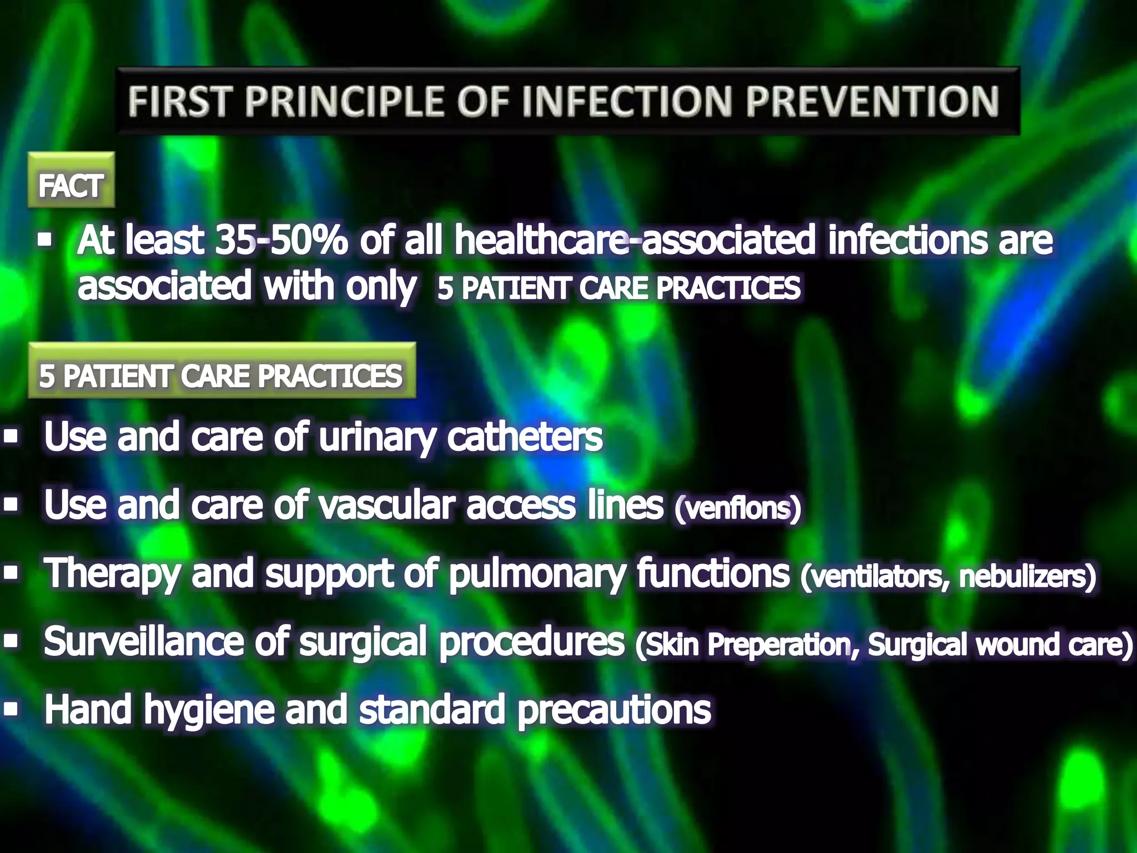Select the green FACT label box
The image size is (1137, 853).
click(71, 180)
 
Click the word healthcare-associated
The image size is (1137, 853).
click(635, 240)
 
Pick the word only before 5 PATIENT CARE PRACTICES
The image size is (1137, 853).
click(381, 287)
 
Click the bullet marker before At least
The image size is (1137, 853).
click(45, 240)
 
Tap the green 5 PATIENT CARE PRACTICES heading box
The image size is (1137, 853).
click(222, 371)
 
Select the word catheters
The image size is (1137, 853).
click(525, 437)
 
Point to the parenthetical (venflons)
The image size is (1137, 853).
click(738, 508)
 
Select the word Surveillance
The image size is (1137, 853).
click(144, 641)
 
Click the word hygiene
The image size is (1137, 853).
click(209, 711)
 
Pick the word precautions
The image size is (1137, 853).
click(614, 711)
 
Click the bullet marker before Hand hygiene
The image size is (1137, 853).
click(11, 709)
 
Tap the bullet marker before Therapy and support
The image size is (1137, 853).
click(11, 573)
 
